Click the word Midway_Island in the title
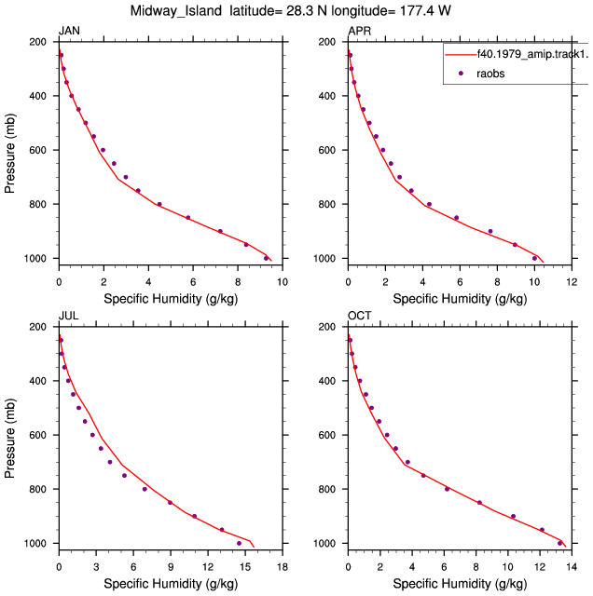coord(176,11)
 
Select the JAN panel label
coord(69,31)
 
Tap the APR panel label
coord(359,31)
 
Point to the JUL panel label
coord(69,316)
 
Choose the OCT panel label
coord(360,316)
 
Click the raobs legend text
coord(490,74)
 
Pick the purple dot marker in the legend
coord(461,73)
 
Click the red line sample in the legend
coord(461,55)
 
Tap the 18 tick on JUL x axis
coord(283,567)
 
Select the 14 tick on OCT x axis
coord(572,567)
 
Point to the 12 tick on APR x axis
coord(572,282)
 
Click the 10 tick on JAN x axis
coord(283,282)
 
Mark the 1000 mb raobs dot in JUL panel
coord(239,543)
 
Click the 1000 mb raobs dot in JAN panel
coord(266,258)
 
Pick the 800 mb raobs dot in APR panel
coord(429,204)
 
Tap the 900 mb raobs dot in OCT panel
coord(513,516)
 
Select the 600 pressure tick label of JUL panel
coord(37,435)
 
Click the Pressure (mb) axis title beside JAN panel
coord(10,153)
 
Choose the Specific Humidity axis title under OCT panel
coord(461,584)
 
